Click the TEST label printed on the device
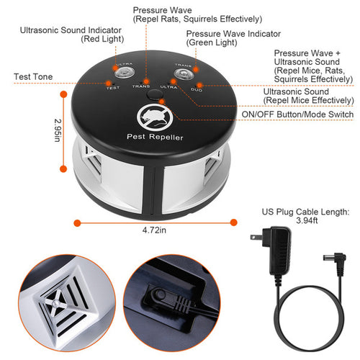pos(113,86)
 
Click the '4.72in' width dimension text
pos(153,230)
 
